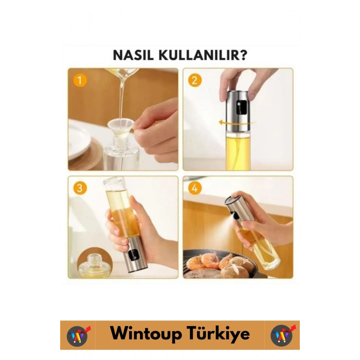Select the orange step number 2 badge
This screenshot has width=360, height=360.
point(194,80)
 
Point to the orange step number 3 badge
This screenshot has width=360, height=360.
point(79,188)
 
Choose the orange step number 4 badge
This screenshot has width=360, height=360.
point(194,188)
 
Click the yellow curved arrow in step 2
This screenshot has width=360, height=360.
point(231,122)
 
